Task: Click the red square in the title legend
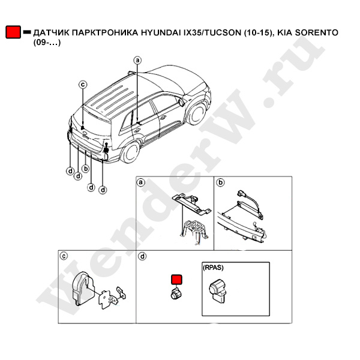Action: (13, 32)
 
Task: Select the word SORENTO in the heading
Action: (317, 32)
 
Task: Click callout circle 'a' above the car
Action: (137, 60)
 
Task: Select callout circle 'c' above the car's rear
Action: (83, 85)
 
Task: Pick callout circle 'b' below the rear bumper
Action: (85, 169)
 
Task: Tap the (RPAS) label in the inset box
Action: (213, 268)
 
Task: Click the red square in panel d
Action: (176, 280)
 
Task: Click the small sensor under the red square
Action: (176, 294)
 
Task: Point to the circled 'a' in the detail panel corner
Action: (140, 182)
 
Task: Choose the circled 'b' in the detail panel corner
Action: (221, 182)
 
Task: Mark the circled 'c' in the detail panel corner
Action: (64, 256)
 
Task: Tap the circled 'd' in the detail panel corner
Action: (143, 256)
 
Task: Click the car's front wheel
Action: (196, 113)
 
